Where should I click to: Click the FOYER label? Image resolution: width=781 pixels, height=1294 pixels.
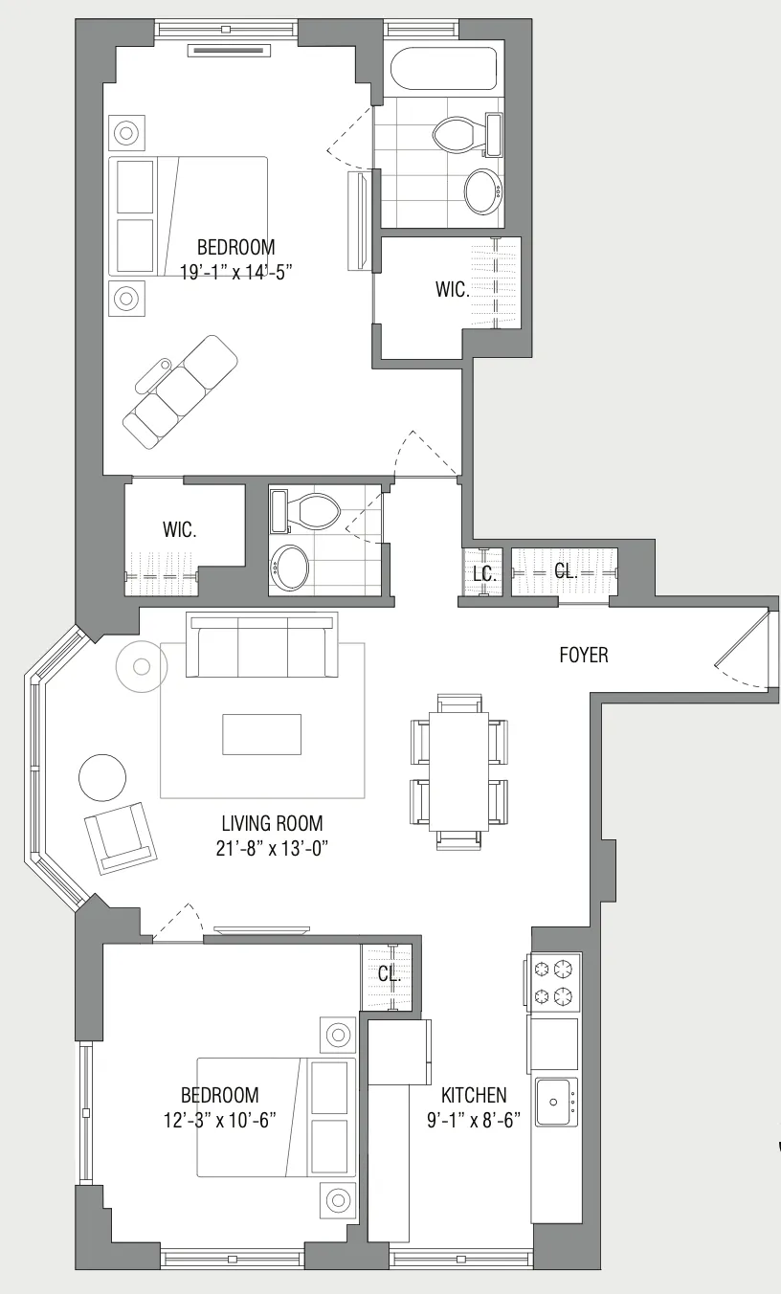coord(584,657)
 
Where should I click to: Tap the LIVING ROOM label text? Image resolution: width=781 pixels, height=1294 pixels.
coord(272,823)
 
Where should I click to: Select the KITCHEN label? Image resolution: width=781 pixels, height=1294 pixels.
coord(474,1095)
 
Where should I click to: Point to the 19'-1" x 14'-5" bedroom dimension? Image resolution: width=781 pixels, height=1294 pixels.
coord(234,271)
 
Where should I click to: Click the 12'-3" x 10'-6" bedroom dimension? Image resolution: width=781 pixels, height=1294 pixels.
coord(220,1119)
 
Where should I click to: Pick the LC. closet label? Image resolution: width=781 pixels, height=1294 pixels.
coord(483,573)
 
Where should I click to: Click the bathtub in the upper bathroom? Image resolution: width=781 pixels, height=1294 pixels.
coord(444,69)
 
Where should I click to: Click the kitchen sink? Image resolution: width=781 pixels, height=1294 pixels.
coord(556,1103)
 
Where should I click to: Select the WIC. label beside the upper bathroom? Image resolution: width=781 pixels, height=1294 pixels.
coord(453,290)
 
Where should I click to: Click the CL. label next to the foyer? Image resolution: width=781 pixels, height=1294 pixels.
coord(566,571)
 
